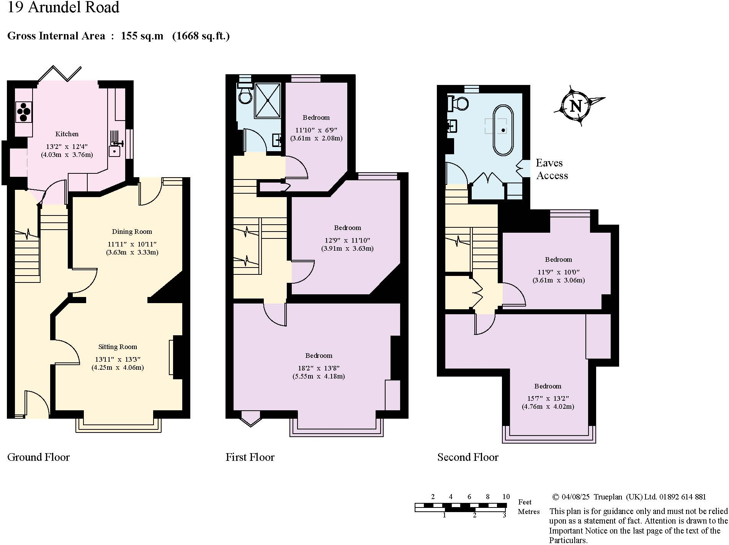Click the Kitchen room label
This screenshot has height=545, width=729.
[67, 134]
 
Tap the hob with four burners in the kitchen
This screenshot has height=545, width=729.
[24, 112]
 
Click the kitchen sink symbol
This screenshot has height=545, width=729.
[114, 150]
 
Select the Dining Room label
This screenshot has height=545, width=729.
[132, 232]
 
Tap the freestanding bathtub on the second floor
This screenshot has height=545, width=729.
[503, 130]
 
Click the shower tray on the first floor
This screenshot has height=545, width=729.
[268, 100]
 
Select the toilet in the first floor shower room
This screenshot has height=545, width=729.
[245, 94]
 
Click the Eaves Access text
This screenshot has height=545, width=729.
[551, 169]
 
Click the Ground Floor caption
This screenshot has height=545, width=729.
[38, 457]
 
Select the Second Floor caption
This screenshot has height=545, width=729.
[467, 457]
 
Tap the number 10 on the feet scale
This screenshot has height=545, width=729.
[506, 496]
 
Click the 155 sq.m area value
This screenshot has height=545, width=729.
[142, 36]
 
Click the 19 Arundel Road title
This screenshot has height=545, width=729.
[64, 8]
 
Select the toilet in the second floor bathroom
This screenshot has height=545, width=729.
[458, 103]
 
